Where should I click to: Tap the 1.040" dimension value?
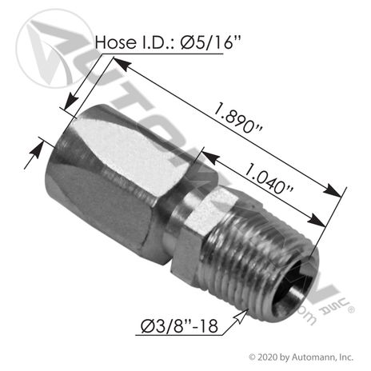pyautogui.click(x=269, y=178)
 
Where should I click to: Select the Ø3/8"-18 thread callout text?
pyautogui.click(x=179, y=325)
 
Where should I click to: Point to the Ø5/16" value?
pyautogui.click(x=210, y=42)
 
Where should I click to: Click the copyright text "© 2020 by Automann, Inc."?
pyautogui.click(x=301, y=357)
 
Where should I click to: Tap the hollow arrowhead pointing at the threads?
pyautogui.click(x=241, y=316)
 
